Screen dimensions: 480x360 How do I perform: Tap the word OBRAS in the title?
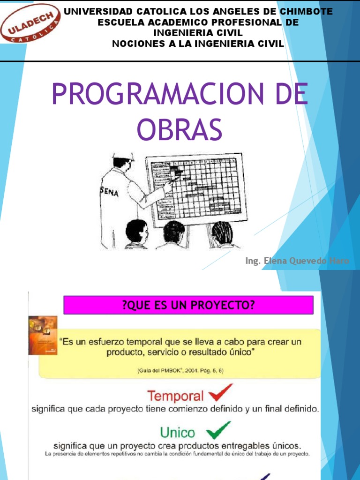(179, 129)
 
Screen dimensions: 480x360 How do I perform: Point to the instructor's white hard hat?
(122, 157)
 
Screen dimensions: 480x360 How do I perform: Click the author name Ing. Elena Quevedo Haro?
(297, 261)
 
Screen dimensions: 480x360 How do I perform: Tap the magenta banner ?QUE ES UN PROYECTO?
(188, 305)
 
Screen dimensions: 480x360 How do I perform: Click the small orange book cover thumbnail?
(43, 335)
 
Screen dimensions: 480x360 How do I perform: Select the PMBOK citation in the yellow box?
(180, 370)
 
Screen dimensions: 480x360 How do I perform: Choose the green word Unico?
(178, 431)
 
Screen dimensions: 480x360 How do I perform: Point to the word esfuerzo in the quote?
(110, 342)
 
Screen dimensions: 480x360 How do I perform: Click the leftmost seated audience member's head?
(136, 231)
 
